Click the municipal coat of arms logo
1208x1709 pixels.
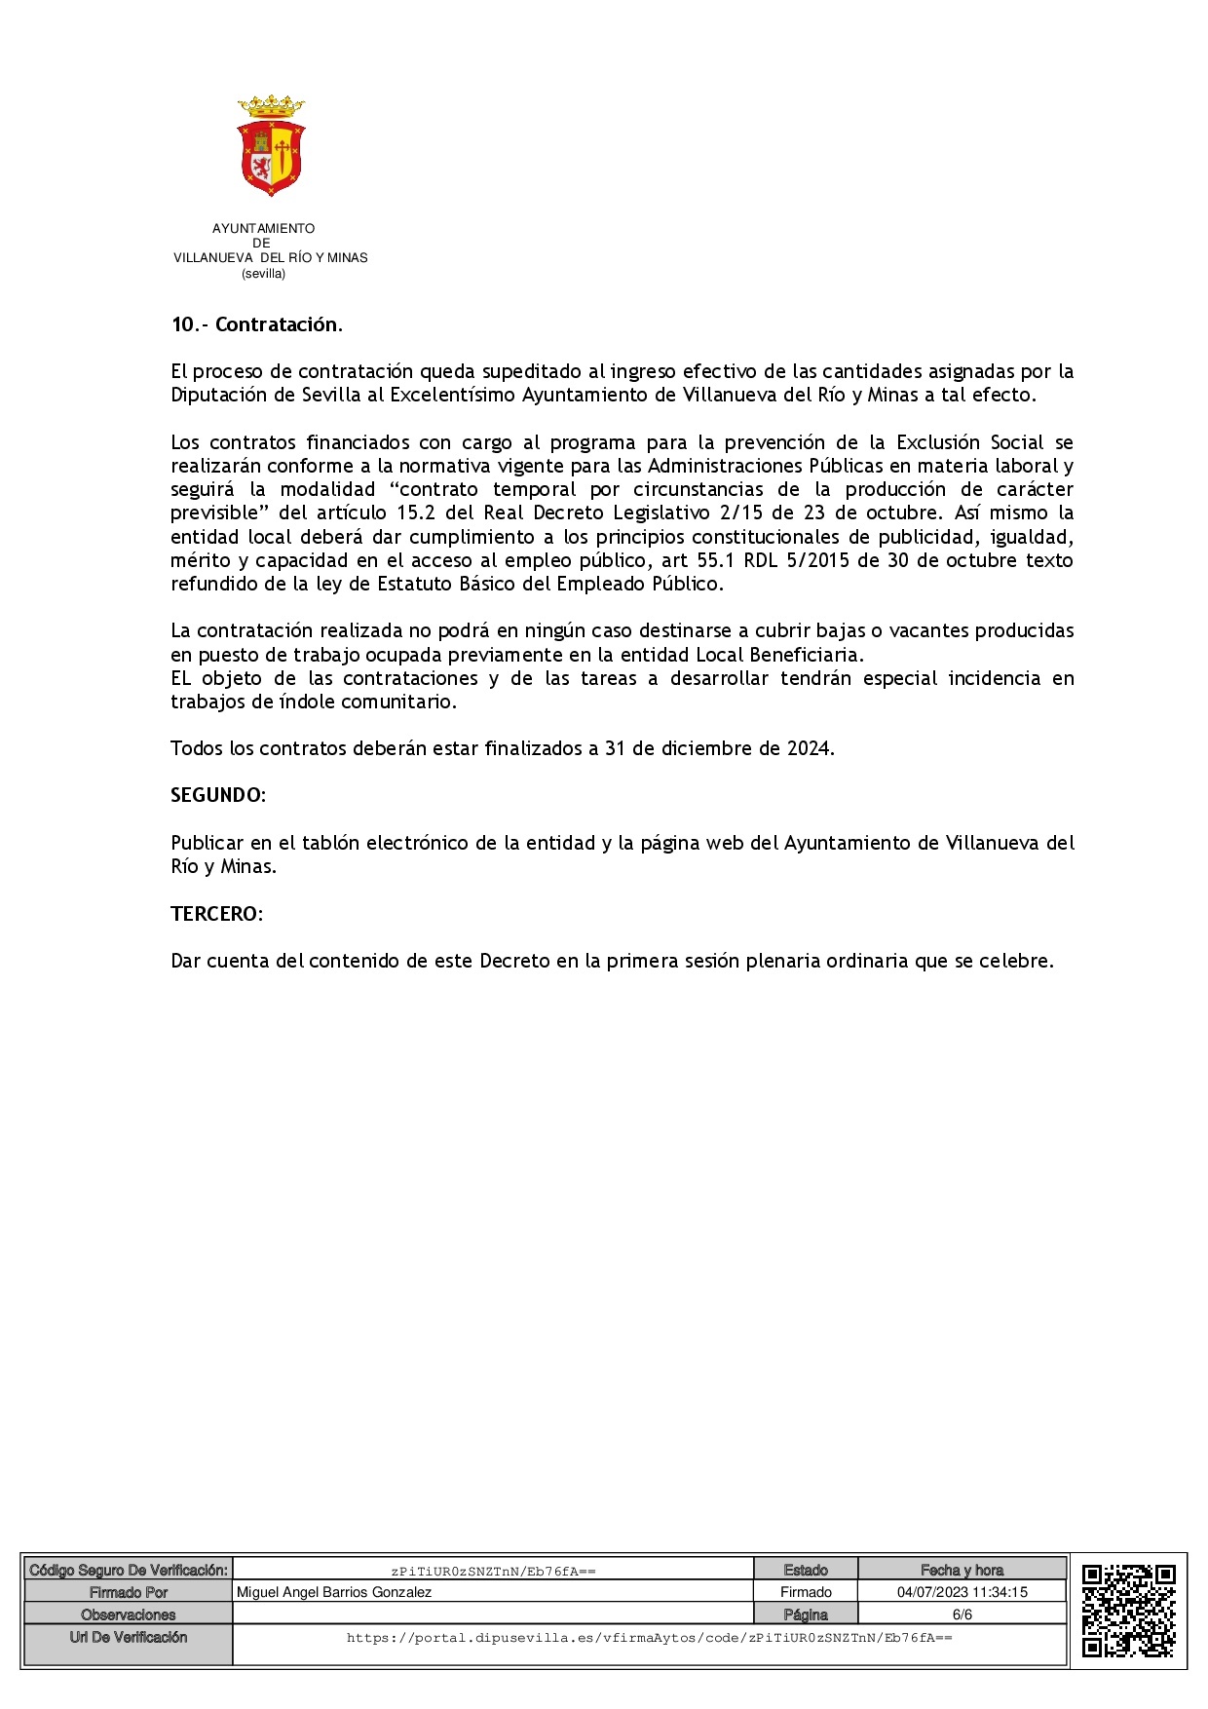point(271,146)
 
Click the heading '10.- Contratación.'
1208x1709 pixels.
point(256,324)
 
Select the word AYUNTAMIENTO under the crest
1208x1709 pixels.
point(263,229)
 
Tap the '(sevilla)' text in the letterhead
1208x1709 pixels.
point(263,274)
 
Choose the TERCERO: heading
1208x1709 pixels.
point(216,914)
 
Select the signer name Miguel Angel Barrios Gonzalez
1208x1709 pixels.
point(334,1592)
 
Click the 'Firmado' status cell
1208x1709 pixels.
point(806,1592)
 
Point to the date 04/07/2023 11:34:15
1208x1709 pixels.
point(962,1592)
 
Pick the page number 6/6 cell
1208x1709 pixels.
point(962,1614)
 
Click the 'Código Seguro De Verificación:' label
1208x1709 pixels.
point(129,1570)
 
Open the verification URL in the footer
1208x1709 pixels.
point(649,1638)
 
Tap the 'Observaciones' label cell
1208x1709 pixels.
point(129,1614)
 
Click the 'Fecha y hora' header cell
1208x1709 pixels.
point(962,1570)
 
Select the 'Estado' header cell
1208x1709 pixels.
point(806,1570)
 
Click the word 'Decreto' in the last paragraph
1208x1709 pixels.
point(514,961)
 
